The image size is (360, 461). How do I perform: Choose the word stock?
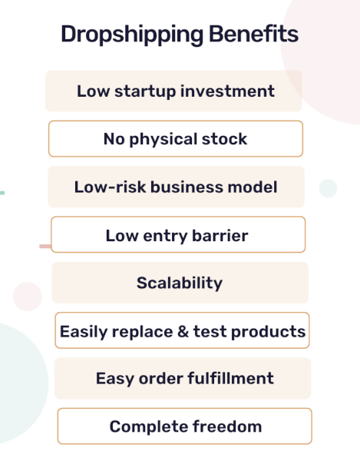click(223, 139)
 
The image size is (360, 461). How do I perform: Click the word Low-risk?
click(111, 187)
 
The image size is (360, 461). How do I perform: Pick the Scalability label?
click(180, 283)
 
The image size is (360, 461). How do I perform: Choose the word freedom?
click(228, 426)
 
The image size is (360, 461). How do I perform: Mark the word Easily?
click(84, 332)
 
